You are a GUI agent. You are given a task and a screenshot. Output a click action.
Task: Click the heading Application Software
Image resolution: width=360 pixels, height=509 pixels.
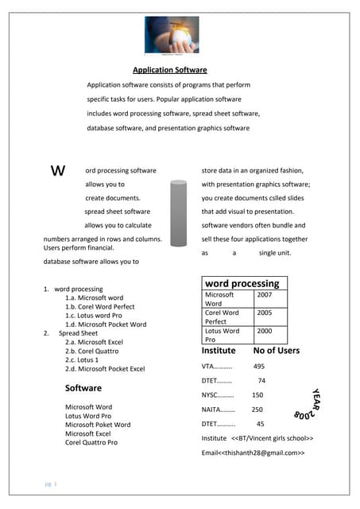pos(169,70)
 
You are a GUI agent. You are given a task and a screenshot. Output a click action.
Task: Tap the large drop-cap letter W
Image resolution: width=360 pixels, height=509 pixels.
pos(57,171)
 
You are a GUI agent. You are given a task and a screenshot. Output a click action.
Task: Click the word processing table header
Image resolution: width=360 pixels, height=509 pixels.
pos(242,283)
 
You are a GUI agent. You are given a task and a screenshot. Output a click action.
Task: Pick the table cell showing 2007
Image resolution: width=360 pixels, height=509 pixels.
pos(264,294)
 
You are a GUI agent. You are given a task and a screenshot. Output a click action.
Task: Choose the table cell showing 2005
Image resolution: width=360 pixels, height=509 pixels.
pos(264,313)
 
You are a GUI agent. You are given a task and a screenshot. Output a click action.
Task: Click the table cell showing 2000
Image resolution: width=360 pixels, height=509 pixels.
pos(264,331)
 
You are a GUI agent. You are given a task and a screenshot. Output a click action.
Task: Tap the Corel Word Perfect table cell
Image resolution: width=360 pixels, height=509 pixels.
pos(222,317)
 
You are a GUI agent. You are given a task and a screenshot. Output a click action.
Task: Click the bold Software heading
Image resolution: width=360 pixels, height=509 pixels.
pos(83,388)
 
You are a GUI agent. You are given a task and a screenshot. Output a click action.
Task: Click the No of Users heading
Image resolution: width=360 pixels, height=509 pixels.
pos(276,350)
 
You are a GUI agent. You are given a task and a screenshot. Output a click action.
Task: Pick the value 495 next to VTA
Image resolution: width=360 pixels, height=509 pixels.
pos(258,367)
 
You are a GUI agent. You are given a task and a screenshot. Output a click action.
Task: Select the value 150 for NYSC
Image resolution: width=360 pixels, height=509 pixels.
pos(257,395)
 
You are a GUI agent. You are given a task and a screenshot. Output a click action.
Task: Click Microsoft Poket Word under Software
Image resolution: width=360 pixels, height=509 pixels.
pos(98,425)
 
